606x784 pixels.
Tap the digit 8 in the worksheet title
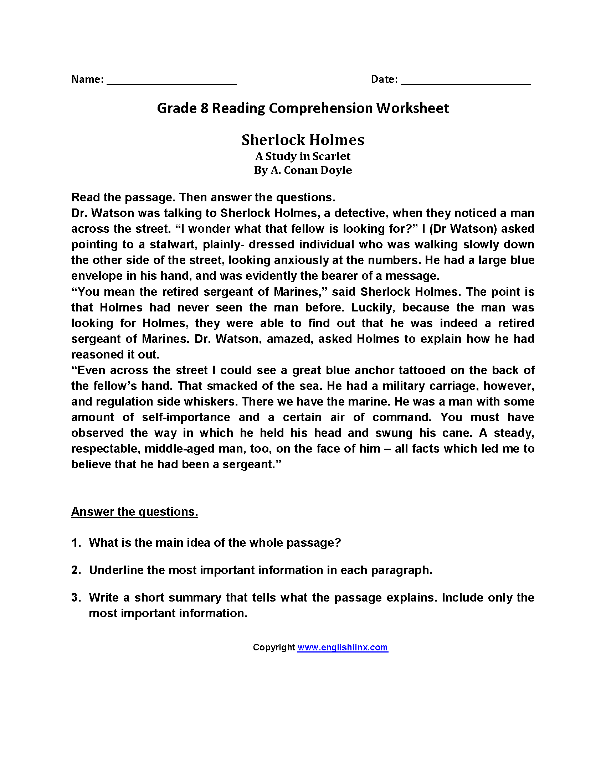pos(204,108)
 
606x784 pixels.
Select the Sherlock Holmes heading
pos(303,140)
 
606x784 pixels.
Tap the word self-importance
pos(186,418)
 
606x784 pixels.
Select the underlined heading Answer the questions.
pos(135,511)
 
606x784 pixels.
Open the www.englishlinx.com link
pos(343,647)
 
